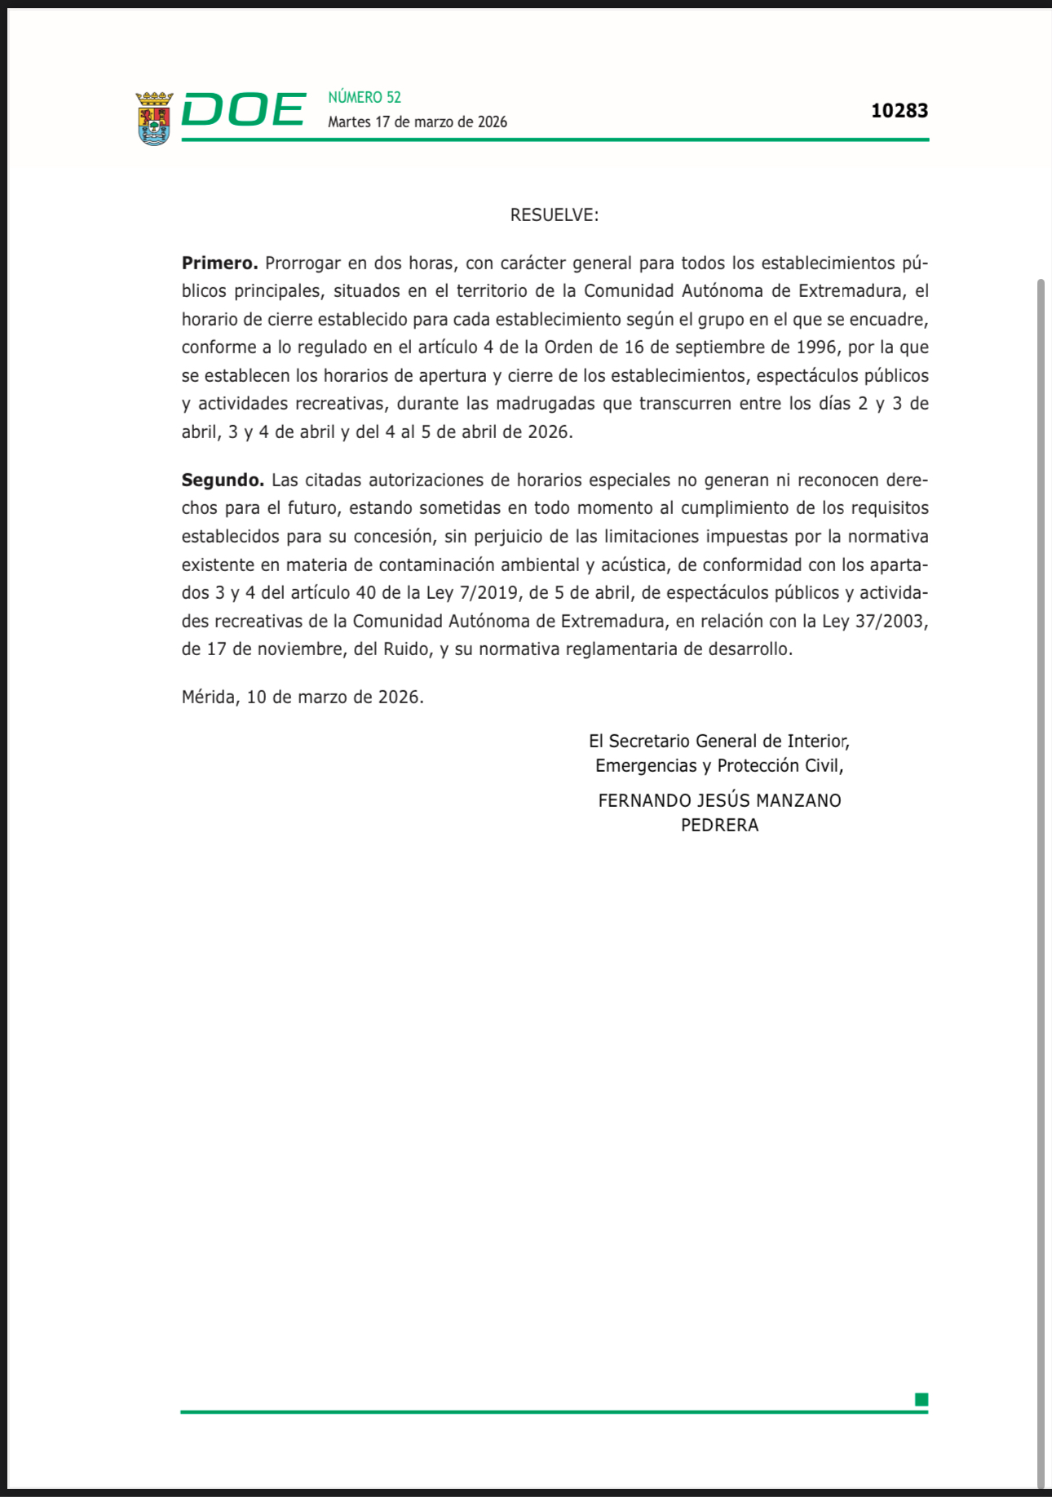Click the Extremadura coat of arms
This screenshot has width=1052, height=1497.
coord(154,118)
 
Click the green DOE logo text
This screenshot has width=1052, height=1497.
coord(243,110)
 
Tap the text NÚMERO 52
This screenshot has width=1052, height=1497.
coord(365,97)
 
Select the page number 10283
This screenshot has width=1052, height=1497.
coord(899,111)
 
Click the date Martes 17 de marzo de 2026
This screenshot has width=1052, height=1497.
coord(417,122)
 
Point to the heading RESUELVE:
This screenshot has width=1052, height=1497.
coord(555,215)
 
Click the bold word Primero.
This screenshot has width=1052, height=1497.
coord(219,264)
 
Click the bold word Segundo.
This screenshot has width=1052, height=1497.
coord(223,481)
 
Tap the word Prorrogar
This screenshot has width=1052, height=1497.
coord(303,264)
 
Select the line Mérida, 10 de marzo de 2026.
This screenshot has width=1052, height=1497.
coord(303,698)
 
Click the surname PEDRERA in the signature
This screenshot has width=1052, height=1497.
coord(719,826)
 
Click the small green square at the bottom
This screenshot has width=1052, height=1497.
coord(922,1400)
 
